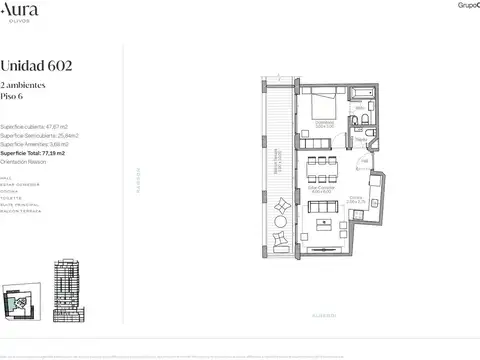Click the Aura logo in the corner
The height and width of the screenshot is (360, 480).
(22, 10)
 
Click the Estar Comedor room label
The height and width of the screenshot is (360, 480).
(320, 186)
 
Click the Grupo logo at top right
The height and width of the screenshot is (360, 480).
(462, 5)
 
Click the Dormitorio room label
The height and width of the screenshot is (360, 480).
(322, 125)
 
